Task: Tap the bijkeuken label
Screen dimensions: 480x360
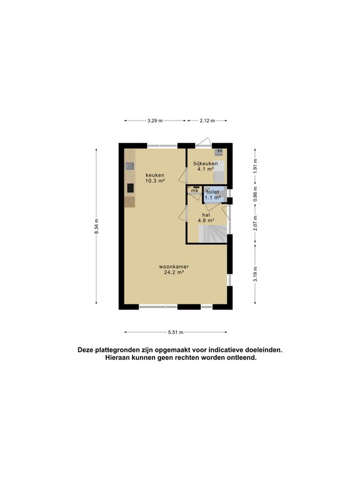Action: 206,164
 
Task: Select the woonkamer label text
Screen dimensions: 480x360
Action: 174,266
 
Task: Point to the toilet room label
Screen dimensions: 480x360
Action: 212,192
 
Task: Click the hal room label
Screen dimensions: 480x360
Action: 206,214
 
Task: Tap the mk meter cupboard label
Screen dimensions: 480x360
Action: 194,191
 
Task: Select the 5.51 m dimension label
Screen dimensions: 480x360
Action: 176,332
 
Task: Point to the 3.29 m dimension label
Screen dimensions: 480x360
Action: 155,121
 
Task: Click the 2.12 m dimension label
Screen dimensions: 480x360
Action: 207,121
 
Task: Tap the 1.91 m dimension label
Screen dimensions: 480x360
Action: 255,167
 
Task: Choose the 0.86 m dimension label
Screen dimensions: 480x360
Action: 255,194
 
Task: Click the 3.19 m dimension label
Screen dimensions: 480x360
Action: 255,272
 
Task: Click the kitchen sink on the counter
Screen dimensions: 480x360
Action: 129,166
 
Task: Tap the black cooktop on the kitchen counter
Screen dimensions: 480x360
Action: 130,187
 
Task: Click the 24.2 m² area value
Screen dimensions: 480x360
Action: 174,272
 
